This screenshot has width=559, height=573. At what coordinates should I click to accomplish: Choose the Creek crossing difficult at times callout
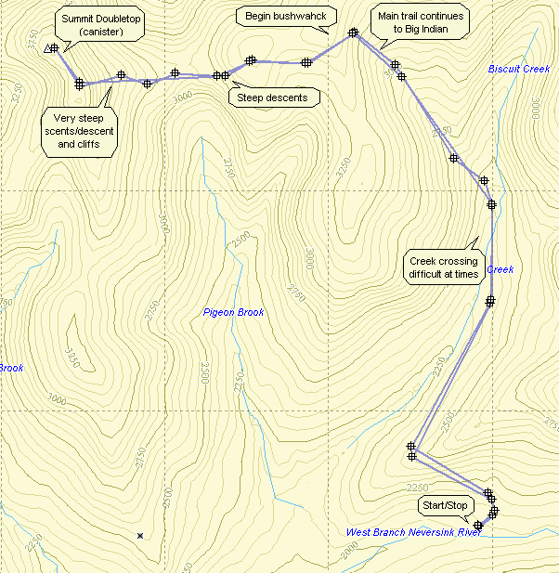click(444, 267)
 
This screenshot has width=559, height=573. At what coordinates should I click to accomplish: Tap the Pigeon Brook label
click(233, 313)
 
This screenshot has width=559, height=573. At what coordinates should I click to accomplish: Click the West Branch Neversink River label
click(413, 532)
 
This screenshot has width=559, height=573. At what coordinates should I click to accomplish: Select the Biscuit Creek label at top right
click(519, 69)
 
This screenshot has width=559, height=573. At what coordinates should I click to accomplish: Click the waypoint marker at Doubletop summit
click(55, 48)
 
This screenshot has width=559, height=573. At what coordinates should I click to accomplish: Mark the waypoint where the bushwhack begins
click(353, 33)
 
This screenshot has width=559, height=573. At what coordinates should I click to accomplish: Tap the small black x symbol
click(140, 536)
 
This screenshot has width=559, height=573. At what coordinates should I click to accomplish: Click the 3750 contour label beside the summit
click(36, 43)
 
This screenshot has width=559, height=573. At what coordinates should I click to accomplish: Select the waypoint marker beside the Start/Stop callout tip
click(478, 526)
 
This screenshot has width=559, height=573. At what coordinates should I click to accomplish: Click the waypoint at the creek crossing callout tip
click(489, 301)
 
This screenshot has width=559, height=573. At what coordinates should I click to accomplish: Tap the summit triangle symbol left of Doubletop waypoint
click(47, 49)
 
